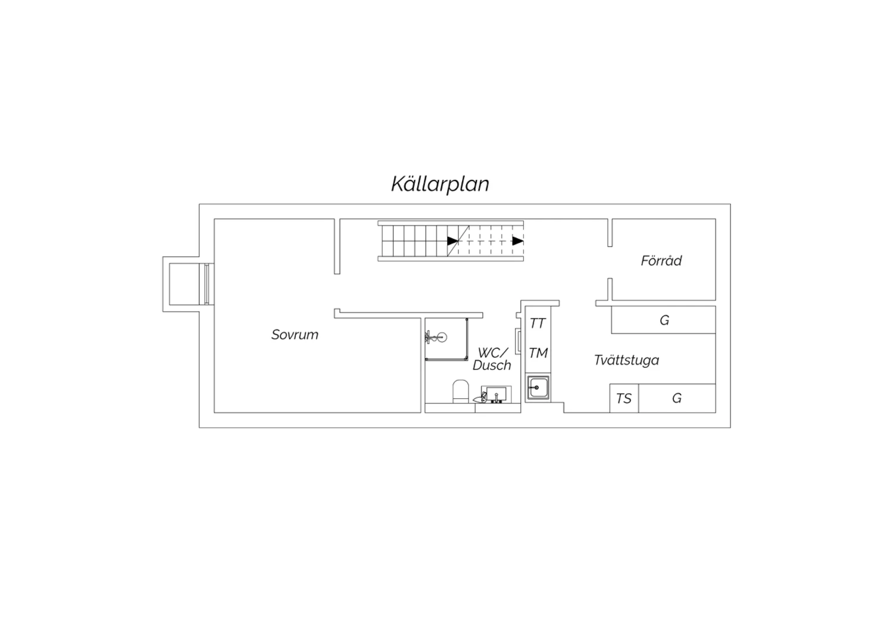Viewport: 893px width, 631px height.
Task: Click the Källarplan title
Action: point(440,184)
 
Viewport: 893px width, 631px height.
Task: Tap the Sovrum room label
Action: point(295,335)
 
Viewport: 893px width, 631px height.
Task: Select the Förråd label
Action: point(661,260)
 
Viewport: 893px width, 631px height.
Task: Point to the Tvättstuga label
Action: point(626,360)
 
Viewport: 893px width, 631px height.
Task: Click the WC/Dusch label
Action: point(492,359)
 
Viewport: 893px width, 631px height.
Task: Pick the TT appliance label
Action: point(538,323)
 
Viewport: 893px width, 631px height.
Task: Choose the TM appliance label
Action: point(538,353)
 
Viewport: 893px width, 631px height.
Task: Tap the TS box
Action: point(624,398)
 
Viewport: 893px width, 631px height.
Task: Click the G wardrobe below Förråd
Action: point(664,320)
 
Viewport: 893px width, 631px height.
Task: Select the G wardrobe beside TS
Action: point(677,398)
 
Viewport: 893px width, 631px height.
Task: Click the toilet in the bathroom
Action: point(460,391)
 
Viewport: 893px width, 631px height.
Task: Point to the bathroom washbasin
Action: point(496,395)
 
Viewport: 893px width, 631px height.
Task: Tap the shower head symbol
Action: point(436,337)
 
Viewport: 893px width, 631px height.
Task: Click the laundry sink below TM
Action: point(538,388)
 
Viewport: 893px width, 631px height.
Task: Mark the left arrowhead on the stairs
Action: point(452,240)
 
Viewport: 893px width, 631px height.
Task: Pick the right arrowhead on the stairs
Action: point(518,240)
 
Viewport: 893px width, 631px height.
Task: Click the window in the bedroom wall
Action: point(207,284)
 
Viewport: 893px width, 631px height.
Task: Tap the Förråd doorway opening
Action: point(610,263)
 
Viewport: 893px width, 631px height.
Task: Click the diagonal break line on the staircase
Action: point(458,240)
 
